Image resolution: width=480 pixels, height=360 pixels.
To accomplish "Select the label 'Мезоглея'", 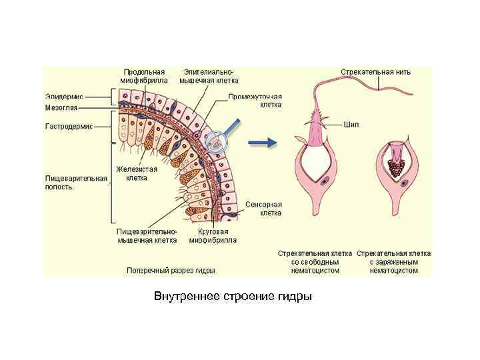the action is [x=61, y=107].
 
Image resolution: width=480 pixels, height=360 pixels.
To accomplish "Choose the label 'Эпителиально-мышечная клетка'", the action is [x=209, y=76].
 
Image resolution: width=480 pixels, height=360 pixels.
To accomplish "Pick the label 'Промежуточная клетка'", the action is [x=255, y=101].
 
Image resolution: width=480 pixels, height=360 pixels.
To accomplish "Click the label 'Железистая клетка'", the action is [x=137, y=173].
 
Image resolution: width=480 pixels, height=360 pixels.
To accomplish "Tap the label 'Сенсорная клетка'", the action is [x=265, y=208].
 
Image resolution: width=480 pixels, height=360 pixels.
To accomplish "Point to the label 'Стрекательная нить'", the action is [x=375, y=71].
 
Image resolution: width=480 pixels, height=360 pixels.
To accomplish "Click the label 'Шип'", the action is [x=352, y=124].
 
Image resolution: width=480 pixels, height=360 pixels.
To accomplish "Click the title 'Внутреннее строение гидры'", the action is [x=233, y=295].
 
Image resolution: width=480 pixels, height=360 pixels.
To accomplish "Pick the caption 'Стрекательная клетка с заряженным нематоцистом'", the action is [x=393, y=262].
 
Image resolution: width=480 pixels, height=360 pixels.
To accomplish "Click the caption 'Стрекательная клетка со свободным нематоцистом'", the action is [x=315, y=262].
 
